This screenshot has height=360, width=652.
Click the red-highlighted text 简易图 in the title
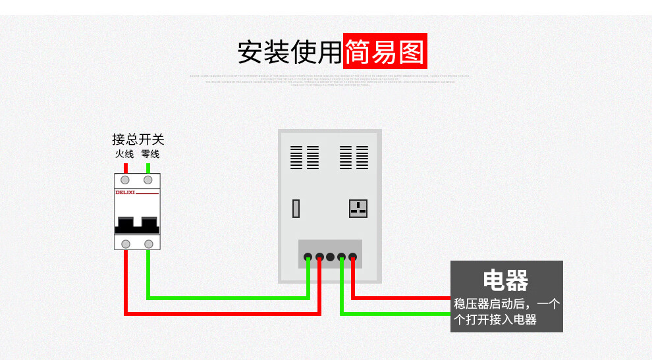point(385,51)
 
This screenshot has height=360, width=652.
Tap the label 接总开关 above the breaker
point(138,140)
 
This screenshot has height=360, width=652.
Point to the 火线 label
point(124,154)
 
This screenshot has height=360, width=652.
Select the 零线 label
point(149,154)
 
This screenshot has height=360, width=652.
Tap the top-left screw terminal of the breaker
point(125,180)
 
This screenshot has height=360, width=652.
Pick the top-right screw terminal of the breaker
point(148,180)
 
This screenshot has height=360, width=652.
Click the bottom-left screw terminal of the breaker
point(125,244)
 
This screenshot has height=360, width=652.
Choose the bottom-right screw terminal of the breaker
point(148,244)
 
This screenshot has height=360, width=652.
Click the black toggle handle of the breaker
point(137,225)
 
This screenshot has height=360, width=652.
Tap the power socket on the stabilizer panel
point(358,209)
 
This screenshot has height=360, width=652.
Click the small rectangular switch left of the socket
point(297,209)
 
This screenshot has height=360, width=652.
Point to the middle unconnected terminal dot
point(330,257)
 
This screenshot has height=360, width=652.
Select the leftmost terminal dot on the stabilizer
point(308,257)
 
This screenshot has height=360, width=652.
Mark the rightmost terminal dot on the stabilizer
point(353,257)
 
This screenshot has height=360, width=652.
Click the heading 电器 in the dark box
point(506,280)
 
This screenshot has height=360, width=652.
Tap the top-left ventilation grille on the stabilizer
point(304,157)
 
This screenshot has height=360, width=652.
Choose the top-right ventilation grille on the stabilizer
point(354,157)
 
